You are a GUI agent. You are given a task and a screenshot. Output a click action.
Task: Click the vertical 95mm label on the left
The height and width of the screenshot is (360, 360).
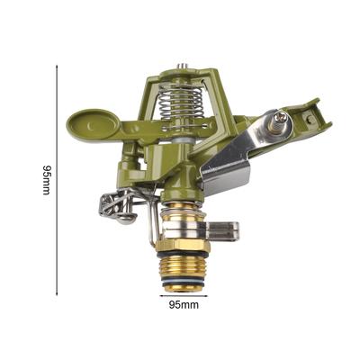pyautogui.click(x=46, y=180)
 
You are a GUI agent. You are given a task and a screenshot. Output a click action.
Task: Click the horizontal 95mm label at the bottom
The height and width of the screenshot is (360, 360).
pyautogui.click(x=184, y=305)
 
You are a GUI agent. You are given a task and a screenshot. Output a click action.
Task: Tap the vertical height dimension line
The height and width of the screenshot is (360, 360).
pyautogui.click(x=57, y=180)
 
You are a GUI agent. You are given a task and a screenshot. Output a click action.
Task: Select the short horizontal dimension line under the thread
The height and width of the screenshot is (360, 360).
pyautogui.click(x=184, y=296)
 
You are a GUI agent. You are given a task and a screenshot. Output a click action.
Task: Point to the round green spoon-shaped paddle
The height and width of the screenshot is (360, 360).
pyautogui.click(x=93, y=123)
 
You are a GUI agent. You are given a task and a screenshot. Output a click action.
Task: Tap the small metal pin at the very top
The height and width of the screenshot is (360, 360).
pyautogui.click(x=181, y=67)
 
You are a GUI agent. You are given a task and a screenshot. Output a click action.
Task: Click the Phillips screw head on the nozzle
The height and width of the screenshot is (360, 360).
pyautogui.click(x=282, y=116)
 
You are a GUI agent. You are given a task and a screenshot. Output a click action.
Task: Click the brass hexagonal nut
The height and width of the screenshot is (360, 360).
pyautogui.click(x=184, y=245)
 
